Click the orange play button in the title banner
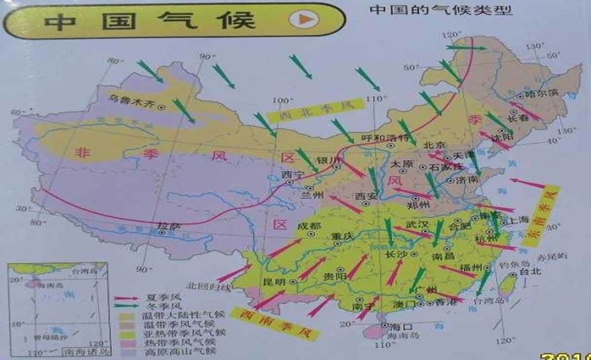coord(304,19)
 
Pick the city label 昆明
coord(274,282)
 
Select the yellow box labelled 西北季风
coord(316,110)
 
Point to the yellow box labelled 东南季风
coord(541,215)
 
